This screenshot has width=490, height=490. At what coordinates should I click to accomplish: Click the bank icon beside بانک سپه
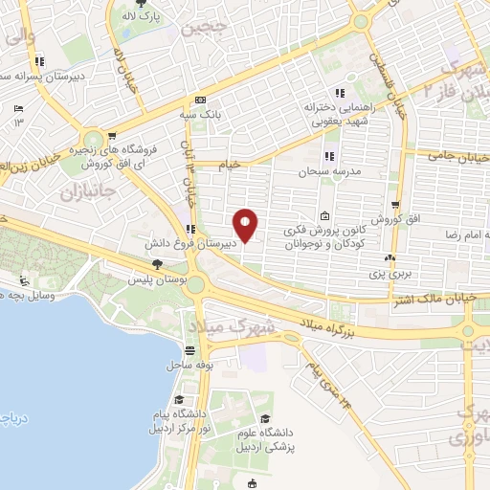coord(200,100)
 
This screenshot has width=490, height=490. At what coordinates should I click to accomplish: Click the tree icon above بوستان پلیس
coord(156,264)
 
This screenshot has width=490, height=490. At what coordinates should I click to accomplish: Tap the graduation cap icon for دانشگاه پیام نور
coord(179,399)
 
